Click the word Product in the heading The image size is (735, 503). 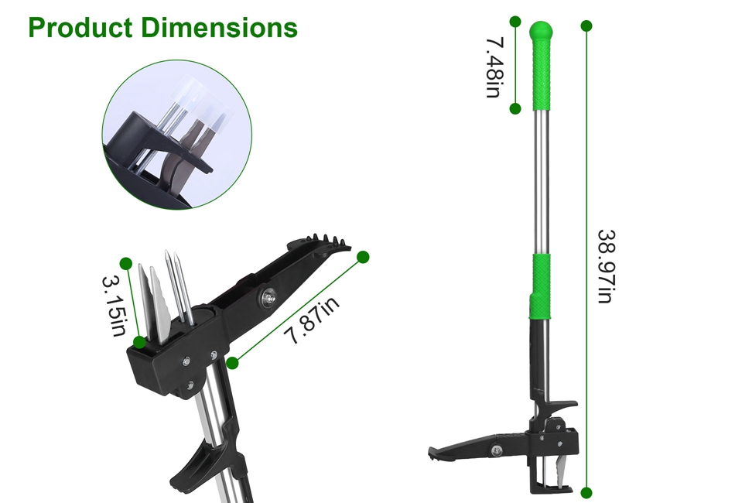(x=80, y=27)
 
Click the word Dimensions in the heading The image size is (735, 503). (x=219, y=27)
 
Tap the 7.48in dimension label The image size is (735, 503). (x=494, y=68)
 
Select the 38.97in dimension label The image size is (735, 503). (x=607, y=267)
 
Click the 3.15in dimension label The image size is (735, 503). (x=114, y=306)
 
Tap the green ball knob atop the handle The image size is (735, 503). (x=541, y=31)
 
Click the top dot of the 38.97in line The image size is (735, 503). (x=586, y=26)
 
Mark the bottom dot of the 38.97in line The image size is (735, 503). (x=586, y=493)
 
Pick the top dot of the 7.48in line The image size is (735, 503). (x=515, y=22)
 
